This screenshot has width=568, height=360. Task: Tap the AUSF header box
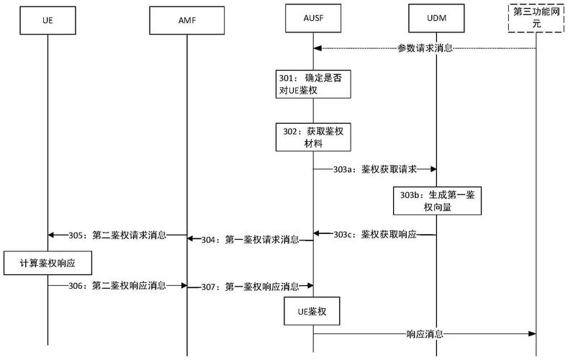point(312,17)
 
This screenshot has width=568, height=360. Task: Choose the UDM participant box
point(436,17)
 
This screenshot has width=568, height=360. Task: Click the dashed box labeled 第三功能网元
point(536,17)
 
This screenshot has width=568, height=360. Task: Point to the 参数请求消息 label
point(425,48)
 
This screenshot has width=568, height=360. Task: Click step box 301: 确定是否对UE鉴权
point(312,84)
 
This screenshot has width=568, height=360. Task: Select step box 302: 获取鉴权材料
point(312,136)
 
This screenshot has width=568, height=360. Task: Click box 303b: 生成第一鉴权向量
point(436,201)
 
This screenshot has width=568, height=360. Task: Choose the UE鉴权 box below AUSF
point(312,312)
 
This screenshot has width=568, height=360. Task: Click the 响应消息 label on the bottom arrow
point(425,334)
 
